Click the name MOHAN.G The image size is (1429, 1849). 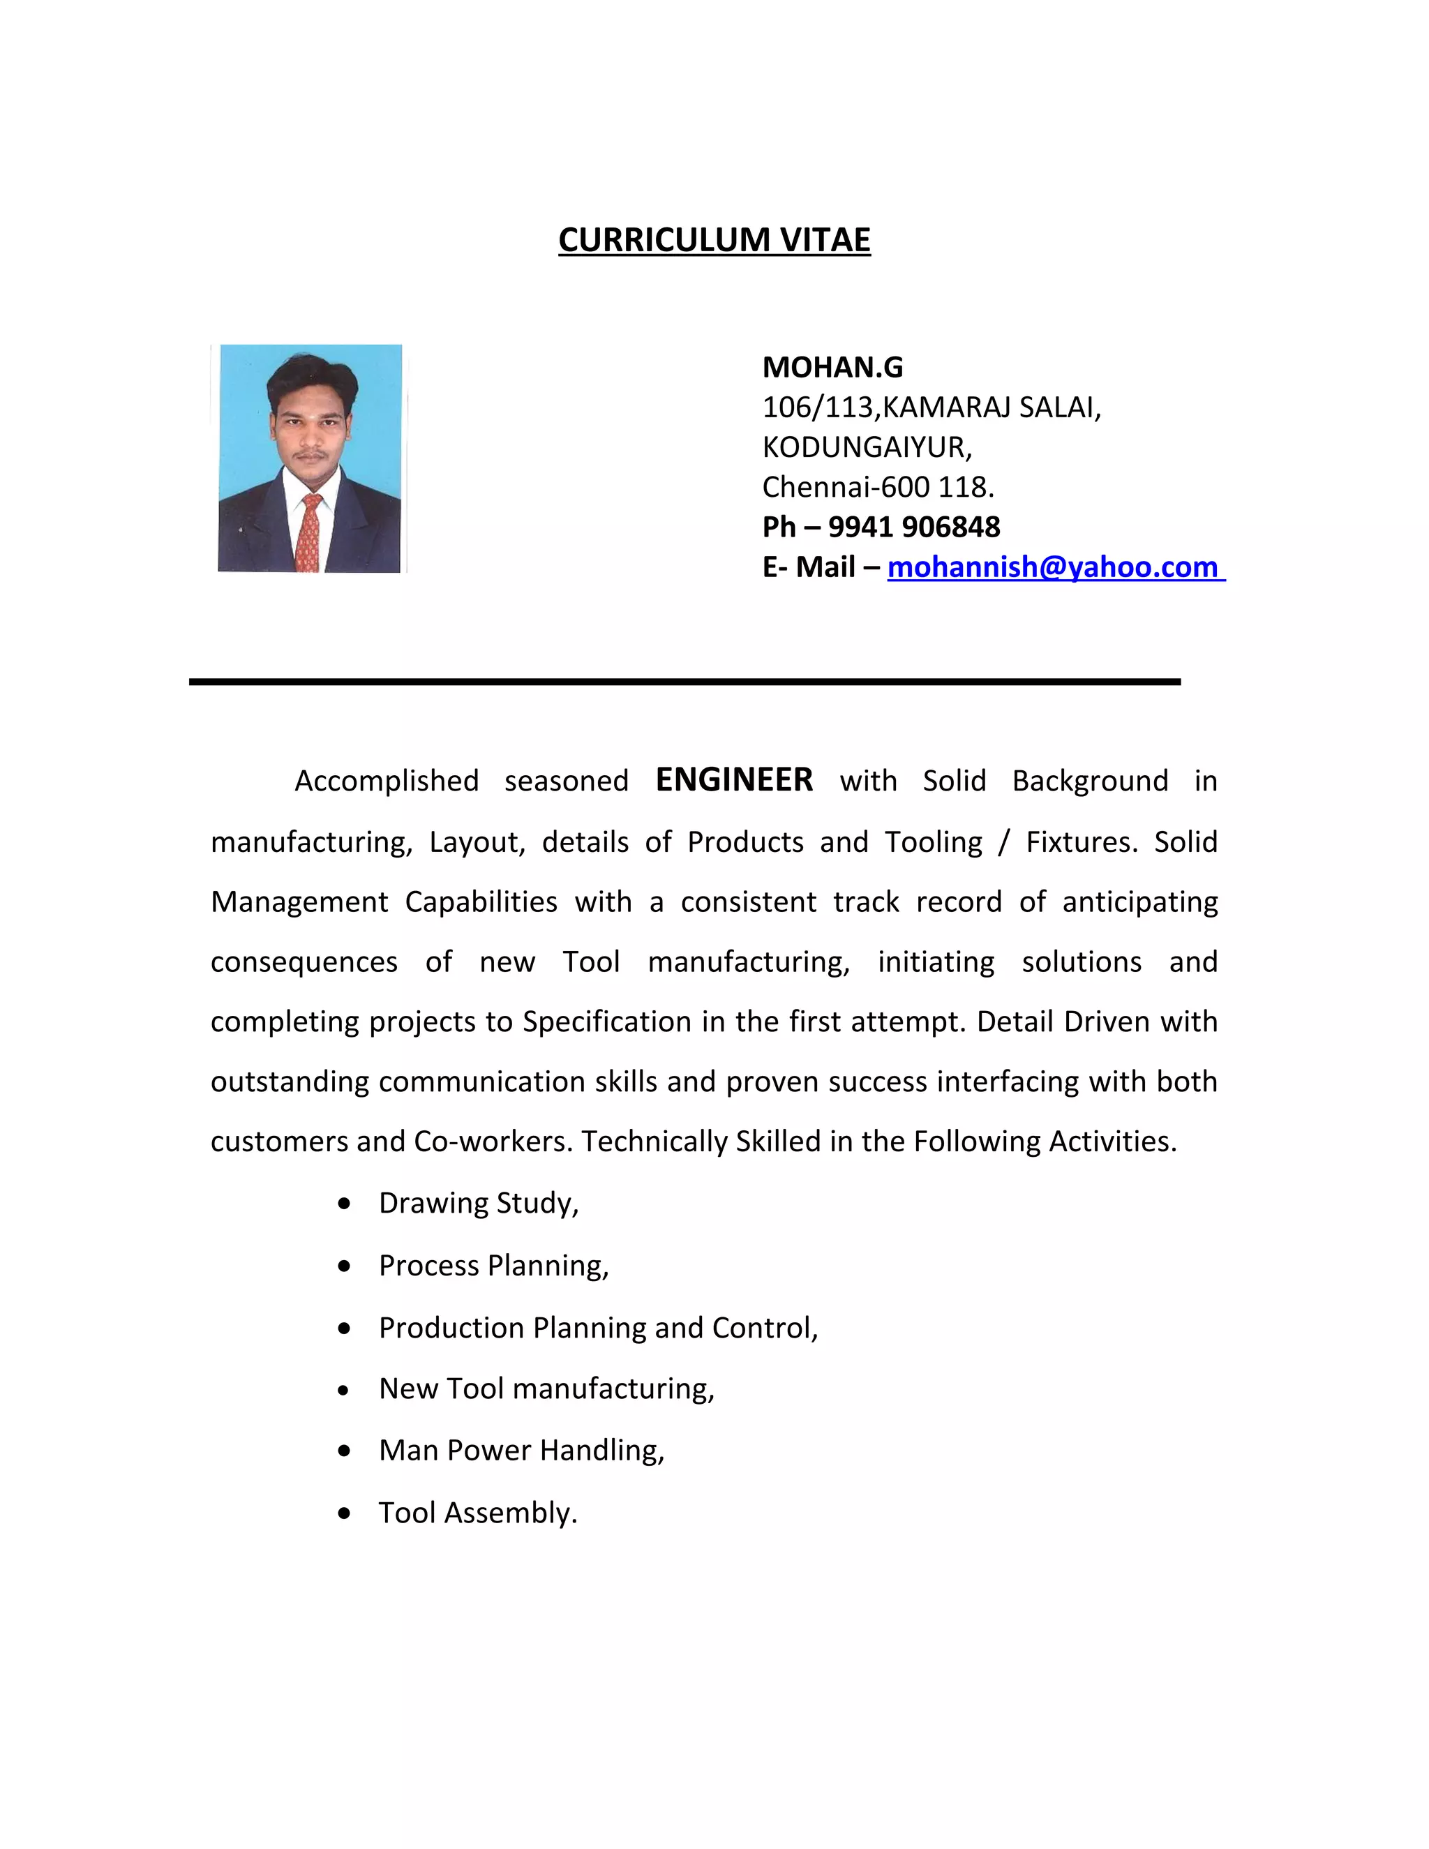(832, 368)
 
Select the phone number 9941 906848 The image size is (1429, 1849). (913, 527)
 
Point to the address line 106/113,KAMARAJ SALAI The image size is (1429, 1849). (932, 407)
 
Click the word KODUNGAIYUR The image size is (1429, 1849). (866, 447)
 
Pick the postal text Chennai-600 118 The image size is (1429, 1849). (878, 487)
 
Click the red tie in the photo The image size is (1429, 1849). (309, 533)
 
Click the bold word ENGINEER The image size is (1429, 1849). (734, 779)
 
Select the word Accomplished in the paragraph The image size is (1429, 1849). (386, 781)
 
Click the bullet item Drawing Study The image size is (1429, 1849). (478, 1203)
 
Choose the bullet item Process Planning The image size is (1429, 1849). (493, 1266)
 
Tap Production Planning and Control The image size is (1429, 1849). (598, 1328)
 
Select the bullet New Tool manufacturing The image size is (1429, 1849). (546, 1388)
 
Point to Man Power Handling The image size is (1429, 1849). (521, 1451)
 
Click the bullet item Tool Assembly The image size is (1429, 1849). (477, 1513)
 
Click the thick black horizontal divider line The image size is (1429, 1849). (684, 682)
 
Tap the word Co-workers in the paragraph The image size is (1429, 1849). (493, 1141)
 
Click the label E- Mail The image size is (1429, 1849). (809, 567)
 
